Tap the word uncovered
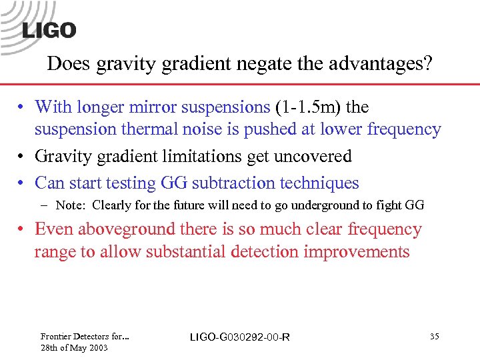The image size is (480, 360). [318, 157]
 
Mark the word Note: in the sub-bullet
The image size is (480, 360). [71, 205]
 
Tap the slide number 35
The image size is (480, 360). [434, 337]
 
